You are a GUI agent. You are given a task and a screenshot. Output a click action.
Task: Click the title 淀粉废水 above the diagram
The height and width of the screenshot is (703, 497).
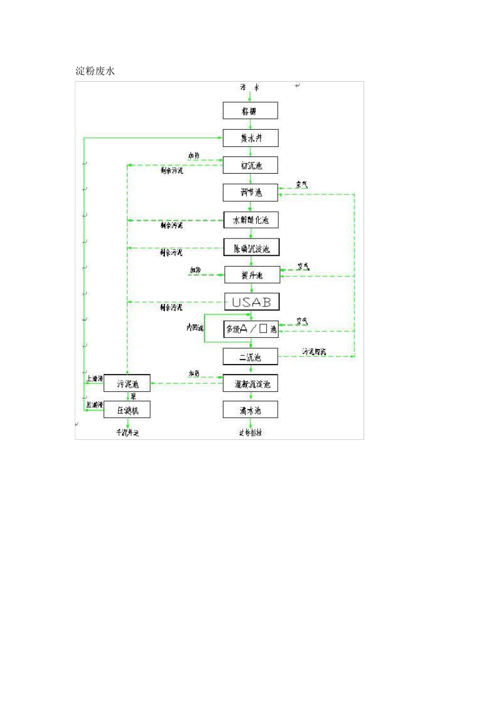coord(95,71)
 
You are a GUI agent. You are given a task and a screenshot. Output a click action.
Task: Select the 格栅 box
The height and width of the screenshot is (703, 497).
coord(250,111)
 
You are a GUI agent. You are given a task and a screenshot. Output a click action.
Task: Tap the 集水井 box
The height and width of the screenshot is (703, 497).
coord(251,138)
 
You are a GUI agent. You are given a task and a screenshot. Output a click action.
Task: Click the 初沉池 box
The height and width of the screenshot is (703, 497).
coord(251,165)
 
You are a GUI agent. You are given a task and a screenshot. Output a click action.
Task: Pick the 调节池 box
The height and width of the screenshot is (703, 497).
coord(251,192)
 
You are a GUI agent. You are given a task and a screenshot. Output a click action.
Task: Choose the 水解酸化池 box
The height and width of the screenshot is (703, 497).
coord(251,220)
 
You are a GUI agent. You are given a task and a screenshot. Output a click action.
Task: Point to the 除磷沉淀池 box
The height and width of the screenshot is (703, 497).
coord(252,247)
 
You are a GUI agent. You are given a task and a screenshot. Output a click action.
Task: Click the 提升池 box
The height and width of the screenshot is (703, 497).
coord(252,275)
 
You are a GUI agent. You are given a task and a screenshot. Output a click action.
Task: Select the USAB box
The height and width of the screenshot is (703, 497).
coord(252,302)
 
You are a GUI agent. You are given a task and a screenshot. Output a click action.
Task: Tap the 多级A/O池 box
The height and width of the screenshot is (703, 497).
coord(251,329)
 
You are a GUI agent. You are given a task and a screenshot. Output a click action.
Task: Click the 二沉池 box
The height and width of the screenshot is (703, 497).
coord(250,357)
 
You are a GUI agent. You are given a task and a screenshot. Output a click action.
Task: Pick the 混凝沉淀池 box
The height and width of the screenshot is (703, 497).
coord(251,384)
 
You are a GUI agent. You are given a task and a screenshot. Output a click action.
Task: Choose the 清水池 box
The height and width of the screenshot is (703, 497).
coord(251,410)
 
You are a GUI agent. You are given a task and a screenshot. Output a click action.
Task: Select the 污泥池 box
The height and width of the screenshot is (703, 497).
coord(127,384)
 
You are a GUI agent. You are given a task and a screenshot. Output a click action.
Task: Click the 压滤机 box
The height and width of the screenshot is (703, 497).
coord(127,410)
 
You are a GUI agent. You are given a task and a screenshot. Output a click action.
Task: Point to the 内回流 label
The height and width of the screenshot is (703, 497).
coord(195,327)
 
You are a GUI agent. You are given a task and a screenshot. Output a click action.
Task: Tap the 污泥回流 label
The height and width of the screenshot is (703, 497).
coord(313,351)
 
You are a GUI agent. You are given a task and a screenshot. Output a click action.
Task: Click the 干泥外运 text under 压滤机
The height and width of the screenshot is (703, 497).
coord(127,433)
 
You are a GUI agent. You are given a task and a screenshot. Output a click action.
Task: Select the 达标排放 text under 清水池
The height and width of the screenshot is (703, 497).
coord(251,433)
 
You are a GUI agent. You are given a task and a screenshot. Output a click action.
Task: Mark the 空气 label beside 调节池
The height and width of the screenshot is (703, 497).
coord(302,185)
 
